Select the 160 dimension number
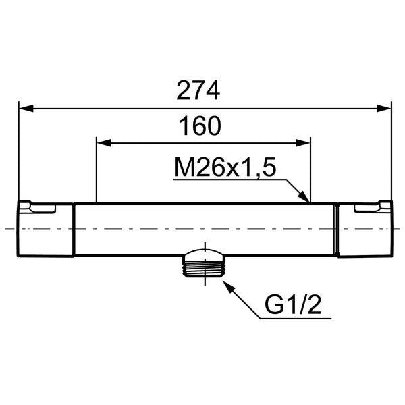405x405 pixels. [x=201, y=126]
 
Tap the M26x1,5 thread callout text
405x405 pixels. [x=225, y=168]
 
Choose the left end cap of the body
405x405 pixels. [x=45, y=230]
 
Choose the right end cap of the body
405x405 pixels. [x=364, y=230]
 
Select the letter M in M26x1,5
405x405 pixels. [x=184, y=168]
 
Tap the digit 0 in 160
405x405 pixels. [x=215, y=126]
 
